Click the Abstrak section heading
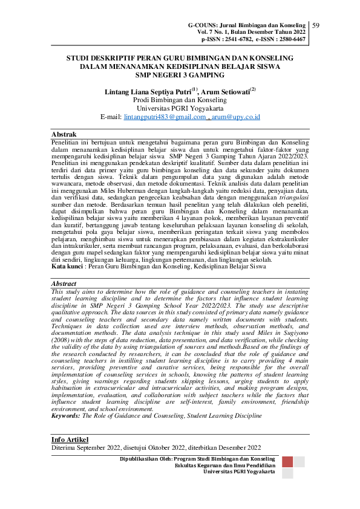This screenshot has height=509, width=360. [64, 133]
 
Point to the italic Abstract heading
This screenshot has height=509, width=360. [64, 283]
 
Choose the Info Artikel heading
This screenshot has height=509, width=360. [70, 439]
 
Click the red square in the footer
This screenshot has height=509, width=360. [288, 462]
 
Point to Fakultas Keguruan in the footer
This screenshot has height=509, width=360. [198, 466]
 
